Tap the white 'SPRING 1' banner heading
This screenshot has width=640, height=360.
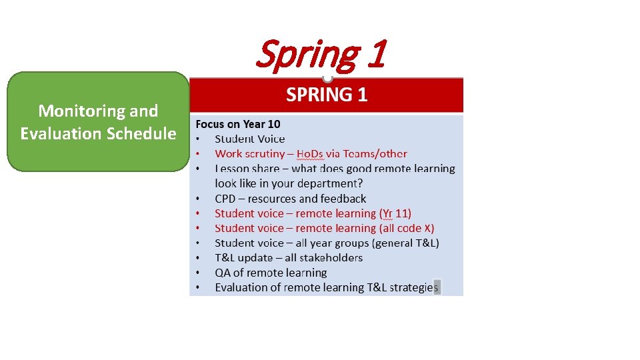pos(327,95)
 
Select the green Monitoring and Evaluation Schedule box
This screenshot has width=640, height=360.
pos(98,122)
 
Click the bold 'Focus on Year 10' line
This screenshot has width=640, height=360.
pos(238,124)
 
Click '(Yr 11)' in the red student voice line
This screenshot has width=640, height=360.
pos(395,213)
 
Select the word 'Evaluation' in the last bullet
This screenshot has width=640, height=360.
pos(240,287)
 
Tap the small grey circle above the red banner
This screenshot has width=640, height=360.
pos(327,77)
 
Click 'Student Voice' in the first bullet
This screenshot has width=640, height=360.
pos(249,139)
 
